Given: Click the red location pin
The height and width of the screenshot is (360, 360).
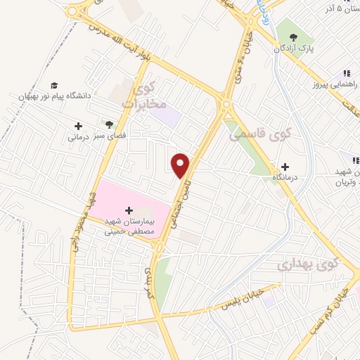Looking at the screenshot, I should click(181, 165).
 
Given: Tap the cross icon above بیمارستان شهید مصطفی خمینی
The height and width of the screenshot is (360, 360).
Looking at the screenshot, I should click(129, 210).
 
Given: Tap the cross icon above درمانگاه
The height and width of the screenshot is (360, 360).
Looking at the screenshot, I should click(285, 167).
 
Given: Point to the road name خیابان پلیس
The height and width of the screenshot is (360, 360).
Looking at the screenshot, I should click(243, 299).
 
